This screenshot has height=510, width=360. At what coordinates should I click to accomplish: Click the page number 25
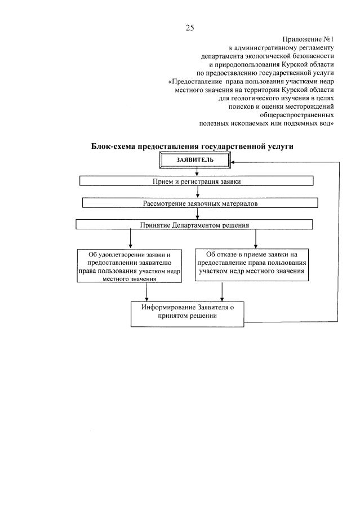tap(190, 27)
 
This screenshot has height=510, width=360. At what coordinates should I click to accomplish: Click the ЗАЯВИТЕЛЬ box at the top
tap(195, 160)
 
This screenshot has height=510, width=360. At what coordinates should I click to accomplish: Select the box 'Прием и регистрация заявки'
tap(196, 181)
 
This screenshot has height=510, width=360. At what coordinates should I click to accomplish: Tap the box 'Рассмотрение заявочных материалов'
tap(199, 203)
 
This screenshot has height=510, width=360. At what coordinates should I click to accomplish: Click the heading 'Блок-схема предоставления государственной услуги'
tap(192, 146)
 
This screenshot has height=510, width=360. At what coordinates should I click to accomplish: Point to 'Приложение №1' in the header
tap(308, 39)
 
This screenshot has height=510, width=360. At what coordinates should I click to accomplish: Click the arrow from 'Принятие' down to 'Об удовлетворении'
tap(130, 239)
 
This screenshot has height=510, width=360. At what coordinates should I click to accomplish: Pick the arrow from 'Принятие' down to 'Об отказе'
tap(256, 239)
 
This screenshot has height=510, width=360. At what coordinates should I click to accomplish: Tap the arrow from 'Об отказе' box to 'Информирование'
tap(223, 291)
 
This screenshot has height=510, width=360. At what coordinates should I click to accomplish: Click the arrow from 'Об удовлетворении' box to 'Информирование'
tap(147, 291)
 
